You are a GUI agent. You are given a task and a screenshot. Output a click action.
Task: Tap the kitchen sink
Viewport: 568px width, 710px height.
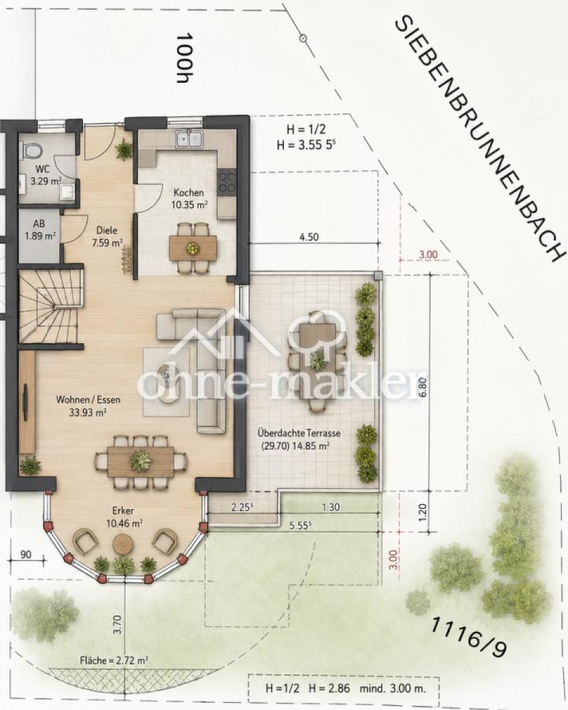click(189, 139)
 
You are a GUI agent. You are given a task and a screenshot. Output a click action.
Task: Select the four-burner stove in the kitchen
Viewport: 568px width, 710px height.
click(226, 181)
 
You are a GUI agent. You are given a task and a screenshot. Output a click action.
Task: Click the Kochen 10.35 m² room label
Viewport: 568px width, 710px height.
click(189, 198)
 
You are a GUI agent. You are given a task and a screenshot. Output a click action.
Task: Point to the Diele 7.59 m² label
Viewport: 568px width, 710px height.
click(107, 237)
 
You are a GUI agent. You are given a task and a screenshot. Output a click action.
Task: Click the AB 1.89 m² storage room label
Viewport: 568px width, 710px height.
click(40, 230)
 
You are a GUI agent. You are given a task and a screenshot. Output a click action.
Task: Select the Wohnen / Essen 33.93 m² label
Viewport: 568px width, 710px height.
click(88, 405)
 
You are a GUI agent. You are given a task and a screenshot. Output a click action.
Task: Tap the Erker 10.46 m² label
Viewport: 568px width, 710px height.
click(124, 517)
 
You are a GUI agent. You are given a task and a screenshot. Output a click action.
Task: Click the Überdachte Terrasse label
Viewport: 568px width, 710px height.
click(299, 433)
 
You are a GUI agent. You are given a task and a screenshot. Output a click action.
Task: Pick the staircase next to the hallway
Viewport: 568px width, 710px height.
click(50, 306)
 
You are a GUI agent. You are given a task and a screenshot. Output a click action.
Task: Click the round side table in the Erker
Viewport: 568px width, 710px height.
click(123, 544)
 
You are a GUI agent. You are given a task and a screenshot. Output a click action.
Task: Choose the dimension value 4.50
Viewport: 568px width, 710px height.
click(309, 237)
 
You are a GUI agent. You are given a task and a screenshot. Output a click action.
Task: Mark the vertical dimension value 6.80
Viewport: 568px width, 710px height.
click(423, 387)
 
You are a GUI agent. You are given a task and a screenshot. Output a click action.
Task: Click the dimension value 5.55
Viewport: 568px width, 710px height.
click(301, 525)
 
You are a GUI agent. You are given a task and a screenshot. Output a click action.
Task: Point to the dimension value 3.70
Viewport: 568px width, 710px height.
click(118, 625)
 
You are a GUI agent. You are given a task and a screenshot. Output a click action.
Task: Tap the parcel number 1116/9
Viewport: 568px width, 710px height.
click(468, 637)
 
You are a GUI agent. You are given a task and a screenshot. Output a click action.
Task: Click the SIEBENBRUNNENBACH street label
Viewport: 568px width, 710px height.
click(480, 139)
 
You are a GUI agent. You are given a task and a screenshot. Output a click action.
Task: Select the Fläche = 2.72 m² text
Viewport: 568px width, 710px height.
click(114, 660)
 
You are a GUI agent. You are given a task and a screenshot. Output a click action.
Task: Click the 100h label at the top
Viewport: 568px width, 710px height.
click(185, 58)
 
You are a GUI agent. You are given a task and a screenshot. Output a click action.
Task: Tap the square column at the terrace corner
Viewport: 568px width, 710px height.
click(378, 276)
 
